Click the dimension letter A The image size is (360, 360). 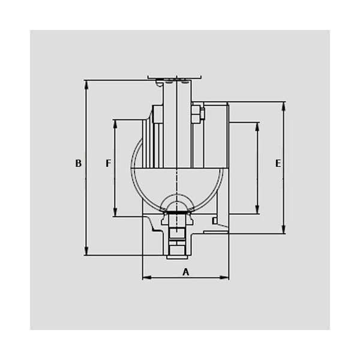pos(186,272)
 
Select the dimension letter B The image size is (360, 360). pos(79,163)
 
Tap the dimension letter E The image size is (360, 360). pos(278,163)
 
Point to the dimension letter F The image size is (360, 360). pos(109,163)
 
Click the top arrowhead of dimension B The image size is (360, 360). pos(86,85)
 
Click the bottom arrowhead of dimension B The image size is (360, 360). pos(86,251)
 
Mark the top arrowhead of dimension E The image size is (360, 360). pos(284,106)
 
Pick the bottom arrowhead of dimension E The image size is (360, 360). pos(284,229)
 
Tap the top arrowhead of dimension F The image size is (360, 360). pos(115,124)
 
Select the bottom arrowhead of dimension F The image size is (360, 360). pos(115,212)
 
